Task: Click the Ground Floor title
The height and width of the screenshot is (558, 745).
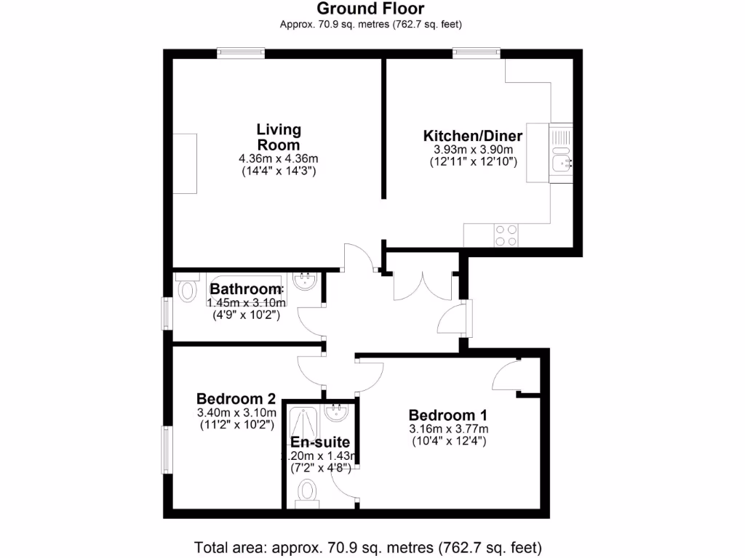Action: click(371, 9)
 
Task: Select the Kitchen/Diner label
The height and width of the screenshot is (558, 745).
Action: click(473, 136)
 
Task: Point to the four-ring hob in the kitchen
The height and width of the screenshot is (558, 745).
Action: click(506, 235)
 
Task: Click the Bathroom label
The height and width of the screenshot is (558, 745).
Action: click(246, 290)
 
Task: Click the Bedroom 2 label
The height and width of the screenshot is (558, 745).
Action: click(236, 399)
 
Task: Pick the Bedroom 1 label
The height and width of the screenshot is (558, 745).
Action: click(447, 416)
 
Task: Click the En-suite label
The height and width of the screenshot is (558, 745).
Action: click(320, 442)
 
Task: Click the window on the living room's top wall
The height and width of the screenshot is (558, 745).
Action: click(240, 53)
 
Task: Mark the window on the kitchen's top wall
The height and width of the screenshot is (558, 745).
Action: click(476, 53)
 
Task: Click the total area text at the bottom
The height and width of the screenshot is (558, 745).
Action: click(368, 547)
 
